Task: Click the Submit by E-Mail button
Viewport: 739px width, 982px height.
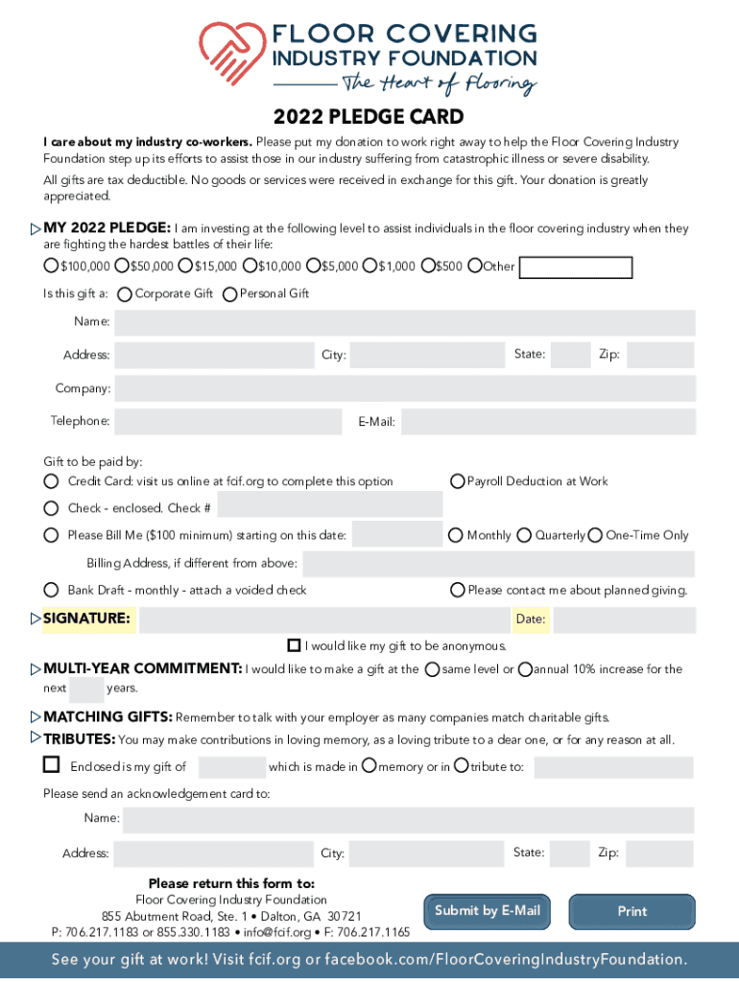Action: [488, 911]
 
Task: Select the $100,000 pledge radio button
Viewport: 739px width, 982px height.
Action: [51, 266]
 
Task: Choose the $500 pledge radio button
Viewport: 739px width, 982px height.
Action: [427, 266]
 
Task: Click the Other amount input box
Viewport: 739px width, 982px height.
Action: [575, 268]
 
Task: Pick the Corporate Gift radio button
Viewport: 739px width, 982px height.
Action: [125, 294]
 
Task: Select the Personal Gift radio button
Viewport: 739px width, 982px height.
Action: [229, 294]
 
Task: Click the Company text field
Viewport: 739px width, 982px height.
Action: [404, 388]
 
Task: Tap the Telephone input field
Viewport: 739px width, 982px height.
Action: [227, 421]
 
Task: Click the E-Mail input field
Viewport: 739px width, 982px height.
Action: [547, 421]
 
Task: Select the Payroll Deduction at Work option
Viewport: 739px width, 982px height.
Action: [458, 481]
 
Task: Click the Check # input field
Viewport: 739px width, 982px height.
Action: [329, 505]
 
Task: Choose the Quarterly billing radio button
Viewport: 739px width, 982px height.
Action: [525, 535]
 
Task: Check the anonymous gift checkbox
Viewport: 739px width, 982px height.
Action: [295, 645]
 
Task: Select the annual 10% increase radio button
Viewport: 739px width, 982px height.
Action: [525, 668]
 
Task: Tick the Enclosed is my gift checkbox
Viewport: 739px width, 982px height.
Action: [51, 765]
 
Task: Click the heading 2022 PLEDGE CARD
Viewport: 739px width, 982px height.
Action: [369, 117]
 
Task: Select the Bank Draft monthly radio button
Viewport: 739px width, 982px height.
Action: [51, 590]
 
